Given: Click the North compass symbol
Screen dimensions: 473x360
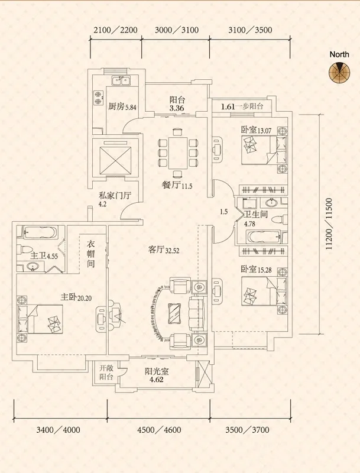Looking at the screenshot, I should click(339, 72).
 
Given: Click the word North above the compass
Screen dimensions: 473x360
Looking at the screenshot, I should click(339, 54).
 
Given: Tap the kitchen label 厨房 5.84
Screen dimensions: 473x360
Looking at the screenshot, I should click(122, 107).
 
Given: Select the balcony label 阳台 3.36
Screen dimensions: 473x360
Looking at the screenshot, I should click(177, 104).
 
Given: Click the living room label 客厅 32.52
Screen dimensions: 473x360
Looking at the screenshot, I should click(164, 250).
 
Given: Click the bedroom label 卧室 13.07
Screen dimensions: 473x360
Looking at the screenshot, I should click(255, 130).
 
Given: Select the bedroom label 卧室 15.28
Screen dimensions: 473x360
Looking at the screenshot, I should click(255, 270).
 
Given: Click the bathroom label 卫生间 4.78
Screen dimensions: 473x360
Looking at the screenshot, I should click(257, 219).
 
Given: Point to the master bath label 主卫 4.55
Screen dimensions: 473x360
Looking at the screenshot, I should click(44, 256).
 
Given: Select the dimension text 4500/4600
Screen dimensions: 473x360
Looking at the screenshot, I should click(158, 430).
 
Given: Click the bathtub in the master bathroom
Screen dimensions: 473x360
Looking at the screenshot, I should click(37, 232).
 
